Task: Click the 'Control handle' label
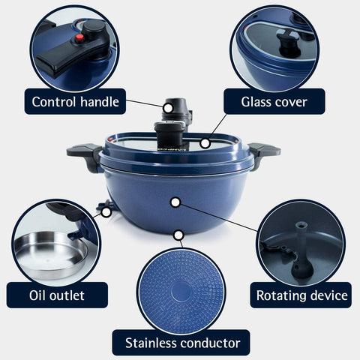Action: [75, 101]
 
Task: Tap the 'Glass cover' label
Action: [274, 101]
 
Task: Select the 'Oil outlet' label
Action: [57, 295]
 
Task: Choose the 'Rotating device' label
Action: [301, 295]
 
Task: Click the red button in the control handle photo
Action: [79, 37]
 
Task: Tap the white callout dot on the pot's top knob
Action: [168, 108]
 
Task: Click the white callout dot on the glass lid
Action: [205, 143]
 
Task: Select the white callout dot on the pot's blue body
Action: [175, 202]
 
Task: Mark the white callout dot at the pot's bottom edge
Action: [178, 235]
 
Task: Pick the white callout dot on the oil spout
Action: [106, 212]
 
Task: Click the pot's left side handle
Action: [85, 155]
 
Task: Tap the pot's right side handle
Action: [264, 153]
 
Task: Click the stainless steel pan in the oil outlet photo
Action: [51, 255]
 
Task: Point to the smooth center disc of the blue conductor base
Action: [181, 292]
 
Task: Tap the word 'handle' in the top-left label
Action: [100, 102]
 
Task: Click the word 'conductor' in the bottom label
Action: [210, 343]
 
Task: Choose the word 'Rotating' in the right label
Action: [278, 295]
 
